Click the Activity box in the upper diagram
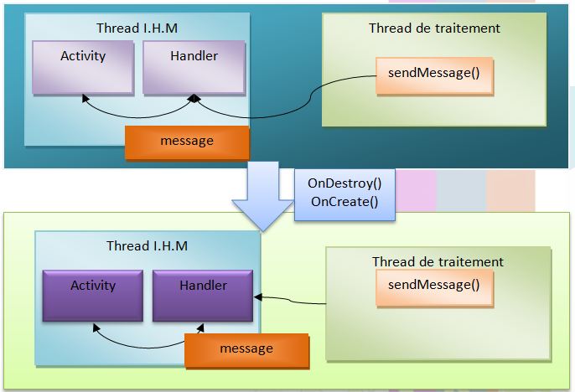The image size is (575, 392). [x=83, y=66]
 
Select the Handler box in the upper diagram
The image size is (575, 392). [x=194, y=66]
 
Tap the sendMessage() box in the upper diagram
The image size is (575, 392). [x=433, y=74]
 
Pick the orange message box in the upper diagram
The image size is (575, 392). [x=187, y=142]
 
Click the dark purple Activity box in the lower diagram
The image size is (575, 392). [x=93, y=295]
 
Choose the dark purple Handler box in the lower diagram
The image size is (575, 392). [x=203, y=295]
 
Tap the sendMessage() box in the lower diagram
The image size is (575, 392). [x=433, y=285]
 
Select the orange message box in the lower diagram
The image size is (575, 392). [x=246, y=348]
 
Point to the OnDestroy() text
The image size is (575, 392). [x=344, y=183]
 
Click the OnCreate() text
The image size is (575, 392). [x=344, y=201]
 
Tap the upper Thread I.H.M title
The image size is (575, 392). [x=137, y=28]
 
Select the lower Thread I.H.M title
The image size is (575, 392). [x=147, y=245]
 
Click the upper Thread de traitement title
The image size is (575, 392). [x=434, y=28]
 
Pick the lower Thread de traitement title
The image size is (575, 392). [x=438, y=262]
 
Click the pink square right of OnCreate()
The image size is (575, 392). [x=416, y=190]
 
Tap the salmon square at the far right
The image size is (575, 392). [x=510, y=190]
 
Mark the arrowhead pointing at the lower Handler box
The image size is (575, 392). [x=256, y=297]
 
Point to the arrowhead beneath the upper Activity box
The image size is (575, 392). [x=84, y=98]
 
